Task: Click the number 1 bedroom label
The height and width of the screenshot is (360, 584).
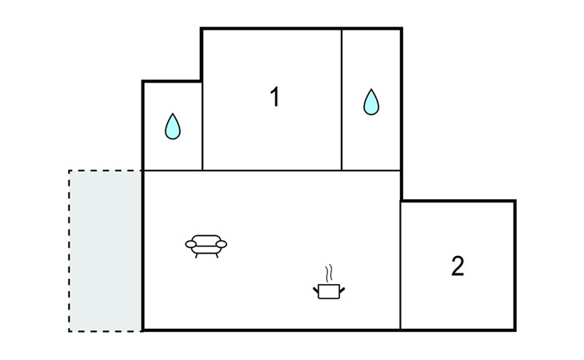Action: pos(275,97)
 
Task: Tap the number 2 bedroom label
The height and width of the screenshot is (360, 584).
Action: pos(458,266)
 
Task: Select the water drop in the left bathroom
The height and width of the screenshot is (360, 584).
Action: pos(173,126)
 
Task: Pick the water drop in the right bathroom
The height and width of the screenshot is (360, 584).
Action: pos(371,102)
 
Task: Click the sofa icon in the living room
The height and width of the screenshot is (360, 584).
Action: pos(206,246)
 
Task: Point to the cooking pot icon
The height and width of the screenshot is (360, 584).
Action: pos(329,290)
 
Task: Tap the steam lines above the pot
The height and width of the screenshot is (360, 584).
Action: pos(329,274)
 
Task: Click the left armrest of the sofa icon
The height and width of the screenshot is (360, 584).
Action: pos(190,244)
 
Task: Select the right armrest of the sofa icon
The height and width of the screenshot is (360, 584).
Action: pos(222,244)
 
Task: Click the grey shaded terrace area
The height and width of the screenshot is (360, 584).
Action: pos(106,251)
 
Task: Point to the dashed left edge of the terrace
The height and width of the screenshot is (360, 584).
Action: pos(70,251)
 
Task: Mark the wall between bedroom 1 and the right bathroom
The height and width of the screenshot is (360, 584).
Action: pos(342,100)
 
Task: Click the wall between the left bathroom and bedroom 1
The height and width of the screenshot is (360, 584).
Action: pos(202,126)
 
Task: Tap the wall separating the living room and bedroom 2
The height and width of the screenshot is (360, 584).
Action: pos(400,266)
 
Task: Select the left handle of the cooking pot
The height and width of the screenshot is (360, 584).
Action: pos(316,290)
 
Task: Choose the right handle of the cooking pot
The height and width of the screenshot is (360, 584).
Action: pos(342,290)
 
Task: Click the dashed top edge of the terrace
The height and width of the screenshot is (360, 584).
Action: pos(106,171)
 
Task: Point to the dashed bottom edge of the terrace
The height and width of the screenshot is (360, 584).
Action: pos(106,331)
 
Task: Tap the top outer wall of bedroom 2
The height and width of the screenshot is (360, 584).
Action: pos(458,201)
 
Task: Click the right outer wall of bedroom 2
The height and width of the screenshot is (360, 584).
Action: pos(514,266)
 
